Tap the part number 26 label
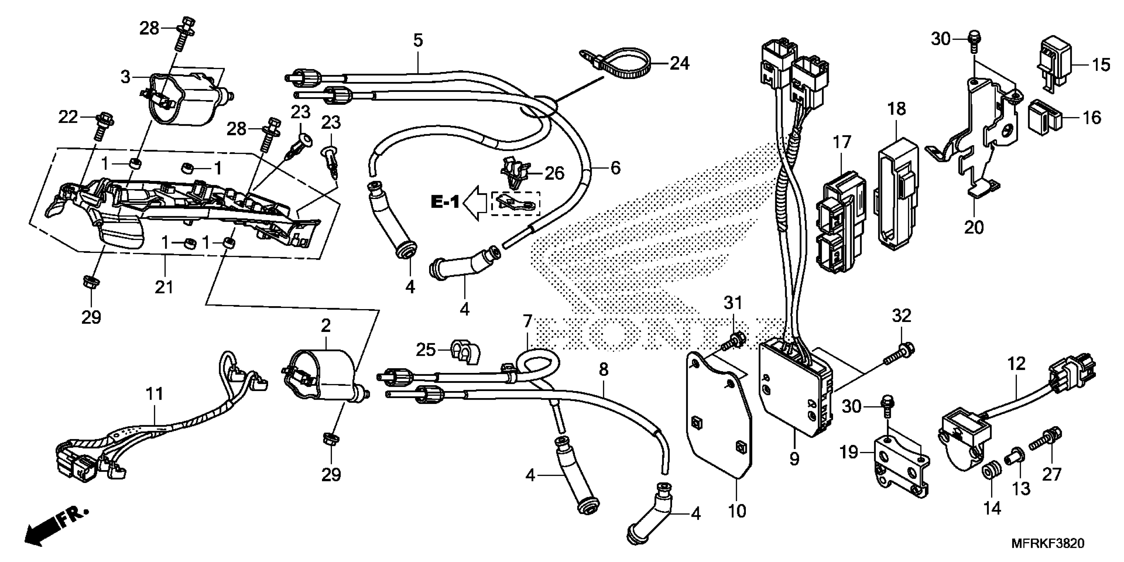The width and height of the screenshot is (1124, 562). (x=554, y=173)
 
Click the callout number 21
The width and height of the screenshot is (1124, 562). (x=164, y=287)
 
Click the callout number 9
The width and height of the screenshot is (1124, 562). (x=794, y=459)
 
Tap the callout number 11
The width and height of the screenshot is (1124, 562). (x=154, y=394)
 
